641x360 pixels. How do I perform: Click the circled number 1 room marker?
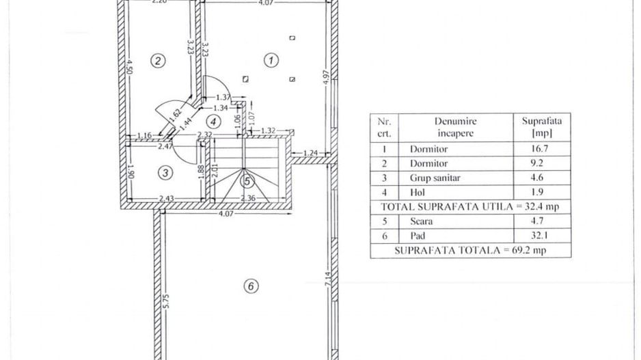point(271,61)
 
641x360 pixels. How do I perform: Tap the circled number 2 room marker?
point(158,61)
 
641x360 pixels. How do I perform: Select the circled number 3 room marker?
point(165,173)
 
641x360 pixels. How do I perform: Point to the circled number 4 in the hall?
point(213,122)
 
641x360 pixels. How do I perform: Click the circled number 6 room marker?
point(251,286)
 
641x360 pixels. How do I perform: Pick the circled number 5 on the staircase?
point(247,181)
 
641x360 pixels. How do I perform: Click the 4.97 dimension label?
point(326,77)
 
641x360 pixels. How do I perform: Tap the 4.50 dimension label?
point(129,68)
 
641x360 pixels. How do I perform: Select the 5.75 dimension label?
point(165,301)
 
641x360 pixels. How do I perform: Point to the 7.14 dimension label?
point(327,279)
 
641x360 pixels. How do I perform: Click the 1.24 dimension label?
point(311,153)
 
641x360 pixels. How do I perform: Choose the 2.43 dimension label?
point(166,199)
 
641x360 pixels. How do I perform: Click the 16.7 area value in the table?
point(540,148)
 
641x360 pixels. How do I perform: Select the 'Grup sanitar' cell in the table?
point(435,178)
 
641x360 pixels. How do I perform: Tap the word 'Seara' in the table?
point(421,221)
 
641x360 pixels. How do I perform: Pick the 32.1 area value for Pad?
point(540,236)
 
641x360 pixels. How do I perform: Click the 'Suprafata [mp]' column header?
point(542,126)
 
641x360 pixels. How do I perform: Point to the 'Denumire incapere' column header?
point(455,127)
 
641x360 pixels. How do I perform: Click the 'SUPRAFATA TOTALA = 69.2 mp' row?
point(470,250)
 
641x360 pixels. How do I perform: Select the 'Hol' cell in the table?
point(418,192)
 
